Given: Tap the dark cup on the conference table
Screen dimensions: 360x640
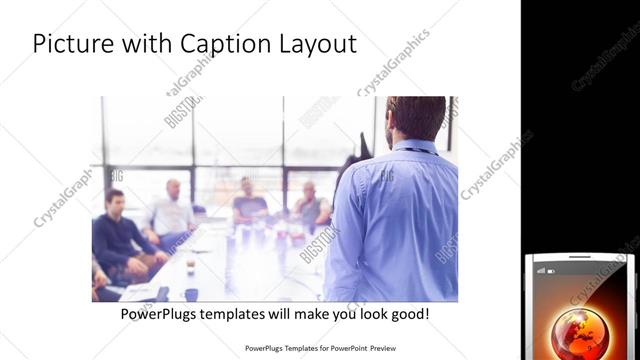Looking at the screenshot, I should tap(190, 294).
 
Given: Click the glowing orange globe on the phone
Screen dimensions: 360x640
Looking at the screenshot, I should tap(579, 333).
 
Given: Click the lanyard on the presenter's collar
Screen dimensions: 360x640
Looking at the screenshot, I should tap(413, 151).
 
